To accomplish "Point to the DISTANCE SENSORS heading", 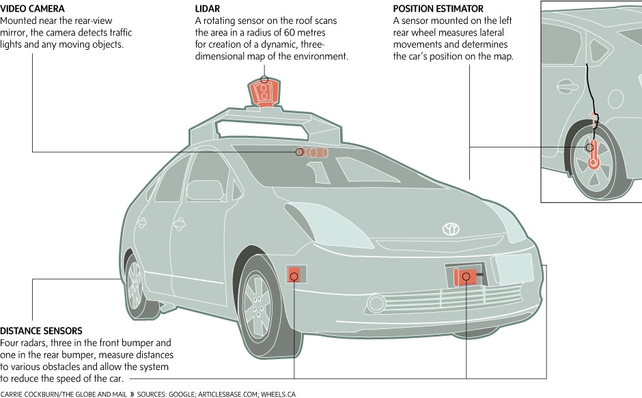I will coord(42,331).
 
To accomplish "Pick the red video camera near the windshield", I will coord(313,152).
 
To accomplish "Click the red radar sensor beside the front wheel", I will coord(294,274).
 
